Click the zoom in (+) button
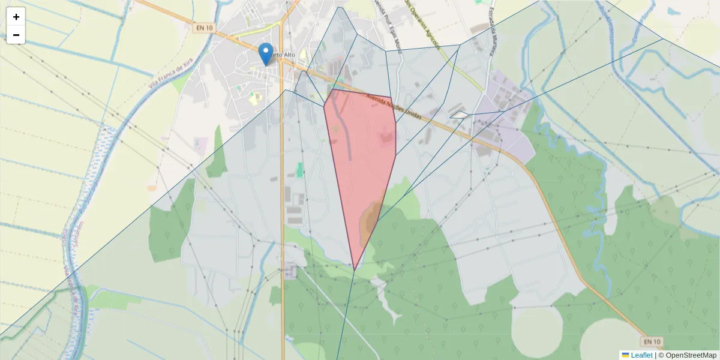16,17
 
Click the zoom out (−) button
16,35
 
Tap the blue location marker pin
265,54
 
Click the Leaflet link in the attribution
641,355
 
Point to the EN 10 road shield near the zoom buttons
204,28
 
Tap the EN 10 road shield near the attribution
651,341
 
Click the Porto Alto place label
282,55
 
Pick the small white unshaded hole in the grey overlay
460,114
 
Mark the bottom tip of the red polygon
355,269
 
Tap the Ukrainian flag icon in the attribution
625,355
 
